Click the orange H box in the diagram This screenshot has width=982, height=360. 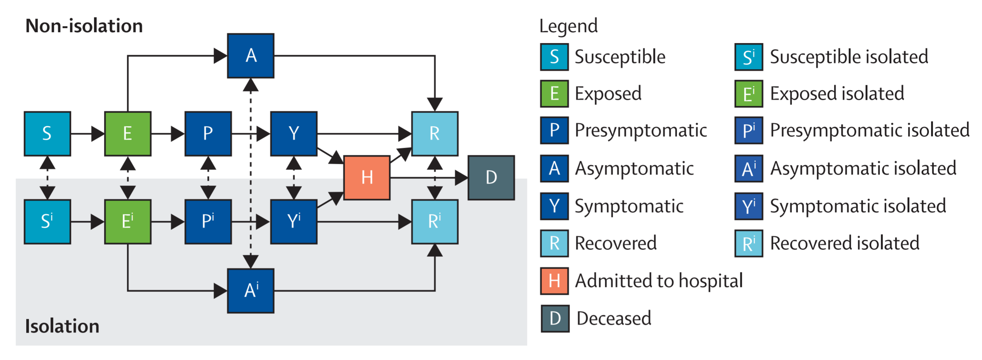coord(367,178)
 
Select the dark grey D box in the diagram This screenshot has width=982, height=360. coord(491,178)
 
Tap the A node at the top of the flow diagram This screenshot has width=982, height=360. coord(250,56)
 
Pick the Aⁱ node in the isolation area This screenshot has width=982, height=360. coord(250,291)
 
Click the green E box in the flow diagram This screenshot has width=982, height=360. coord(128,134)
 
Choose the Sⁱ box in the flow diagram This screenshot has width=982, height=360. coord(47,222)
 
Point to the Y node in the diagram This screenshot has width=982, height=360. coord(293,134)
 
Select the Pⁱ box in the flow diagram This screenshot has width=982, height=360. coord(208,222)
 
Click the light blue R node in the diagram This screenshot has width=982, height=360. coord(434,134)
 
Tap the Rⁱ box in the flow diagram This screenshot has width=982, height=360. coord(434,222)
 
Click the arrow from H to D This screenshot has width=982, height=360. coord(429,178)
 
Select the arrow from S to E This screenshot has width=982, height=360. coord(88,134)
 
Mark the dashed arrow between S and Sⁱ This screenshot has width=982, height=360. coord(47,178)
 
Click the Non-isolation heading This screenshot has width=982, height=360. coord(84,26)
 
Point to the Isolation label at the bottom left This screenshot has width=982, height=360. coord(62,326)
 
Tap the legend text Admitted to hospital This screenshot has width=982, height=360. coord(659,281)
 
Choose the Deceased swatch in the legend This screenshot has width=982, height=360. coord(555,318)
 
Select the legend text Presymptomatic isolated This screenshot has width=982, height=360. coord(870,131)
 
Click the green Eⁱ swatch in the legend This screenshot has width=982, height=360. coord(749,94)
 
